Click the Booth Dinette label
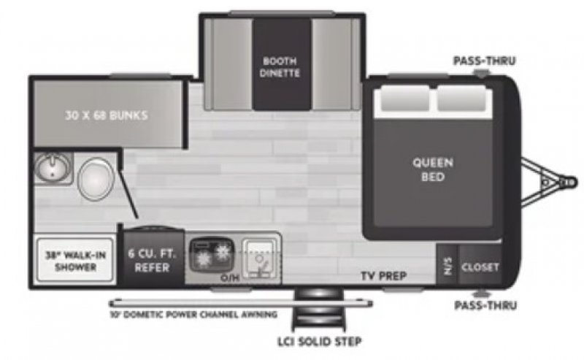(281, 66)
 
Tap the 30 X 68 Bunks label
(106, 115)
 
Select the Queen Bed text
(433, 169)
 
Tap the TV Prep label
(383, 276)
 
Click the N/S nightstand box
(447, 267)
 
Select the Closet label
(480, 267)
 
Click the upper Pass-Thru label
(480, 61)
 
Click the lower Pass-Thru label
(480, 305)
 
